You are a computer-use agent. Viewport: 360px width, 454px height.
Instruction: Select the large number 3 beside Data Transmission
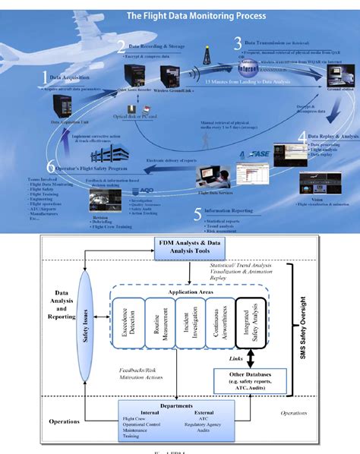(x=237, y=43)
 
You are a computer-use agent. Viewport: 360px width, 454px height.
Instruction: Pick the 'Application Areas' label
(x=187, y=291)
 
